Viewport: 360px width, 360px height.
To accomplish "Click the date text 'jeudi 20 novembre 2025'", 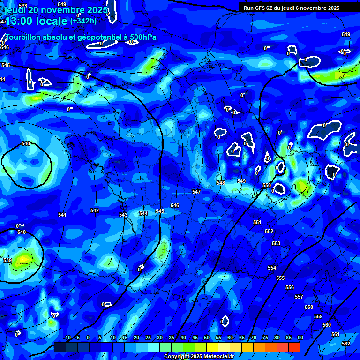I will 55,10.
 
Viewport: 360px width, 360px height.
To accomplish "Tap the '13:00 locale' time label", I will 37,21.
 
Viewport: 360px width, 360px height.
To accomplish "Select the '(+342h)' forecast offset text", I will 83,21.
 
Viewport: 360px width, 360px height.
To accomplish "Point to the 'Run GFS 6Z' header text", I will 260,8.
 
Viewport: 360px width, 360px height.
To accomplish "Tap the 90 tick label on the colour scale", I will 300,337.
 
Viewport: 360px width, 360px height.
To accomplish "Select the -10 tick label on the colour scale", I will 67,337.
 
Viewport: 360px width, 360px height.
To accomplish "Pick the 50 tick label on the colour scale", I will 207,337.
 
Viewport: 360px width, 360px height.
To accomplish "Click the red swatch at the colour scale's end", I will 294,347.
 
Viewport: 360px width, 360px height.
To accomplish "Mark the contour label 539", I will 7,260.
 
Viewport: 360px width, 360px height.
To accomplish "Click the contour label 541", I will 62,215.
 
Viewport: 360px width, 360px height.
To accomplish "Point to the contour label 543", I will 123,215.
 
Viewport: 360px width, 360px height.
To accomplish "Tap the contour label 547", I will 196,192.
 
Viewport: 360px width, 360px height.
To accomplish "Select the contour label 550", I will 267,185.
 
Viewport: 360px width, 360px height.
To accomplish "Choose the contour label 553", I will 276,243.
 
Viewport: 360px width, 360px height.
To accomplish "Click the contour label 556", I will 290,287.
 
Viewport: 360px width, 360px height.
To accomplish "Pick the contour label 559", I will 318,316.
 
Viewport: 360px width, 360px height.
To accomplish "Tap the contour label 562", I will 346,344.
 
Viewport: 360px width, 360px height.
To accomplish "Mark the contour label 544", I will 143,213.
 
